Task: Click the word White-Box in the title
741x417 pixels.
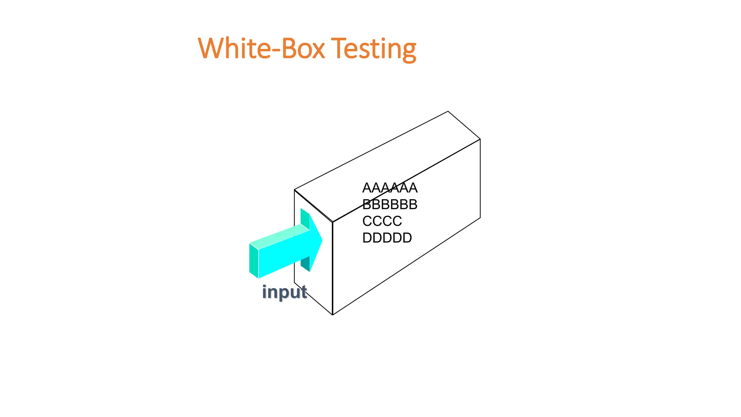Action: click(261, 49)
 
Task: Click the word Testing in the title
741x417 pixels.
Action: click(373, 49)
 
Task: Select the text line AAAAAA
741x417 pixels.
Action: click(390, 188)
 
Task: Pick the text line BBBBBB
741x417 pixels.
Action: click(390, 205)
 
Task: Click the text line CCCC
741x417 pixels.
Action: click(382, 221)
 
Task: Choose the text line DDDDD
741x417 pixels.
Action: click(387, 238)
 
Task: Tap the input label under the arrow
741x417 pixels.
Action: click(284, 292)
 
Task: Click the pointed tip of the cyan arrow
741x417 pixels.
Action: click(322, 240)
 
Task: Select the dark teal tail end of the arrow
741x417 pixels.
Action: click(254, 261)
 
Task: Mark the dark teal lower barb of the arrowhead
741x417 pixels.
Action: click(305, 264)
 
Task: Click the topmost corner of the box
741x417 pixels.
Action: click(448, 111)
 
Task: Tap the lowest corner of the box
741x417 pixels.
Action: click(333, 315)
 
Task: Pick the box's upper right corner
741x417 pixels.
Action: click(480, 139)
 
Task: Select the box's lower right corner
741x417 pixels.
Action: click(480, 218)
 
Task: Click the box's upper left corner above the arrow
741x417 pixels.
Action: click(295, 190)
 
